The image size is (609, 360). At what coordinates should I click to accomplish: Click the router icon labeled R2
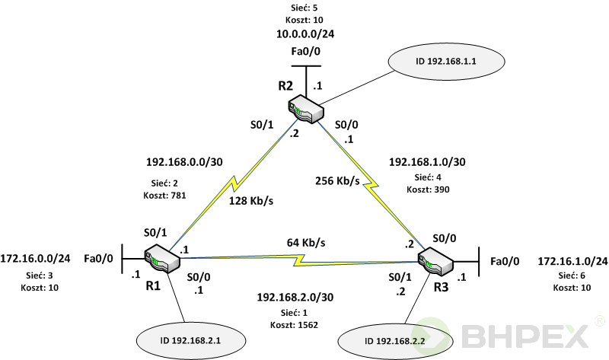click(308, 109)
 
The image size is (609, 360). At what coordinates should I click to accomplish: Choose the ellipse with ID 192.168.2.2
click(390, 340)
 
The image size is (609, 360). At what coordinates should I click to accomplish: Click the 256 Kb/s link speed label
click(338, 181)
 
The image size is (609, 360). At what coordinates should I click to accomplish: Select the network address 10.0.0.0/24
click(305, 34)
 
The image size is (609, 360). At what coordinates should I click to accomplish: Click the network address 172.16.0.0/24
click(35, 259)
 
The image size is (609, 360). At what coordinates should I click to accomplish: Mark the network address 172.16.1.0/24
click(572, 261)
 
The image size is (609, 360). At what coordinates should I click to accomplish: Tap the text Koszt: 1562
click(293, 325)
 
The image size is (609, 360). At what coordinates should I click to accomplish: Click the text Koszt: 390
click(424, 189)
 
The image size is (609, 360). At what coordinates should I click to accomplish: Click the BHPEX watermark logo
click(529, 335)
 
